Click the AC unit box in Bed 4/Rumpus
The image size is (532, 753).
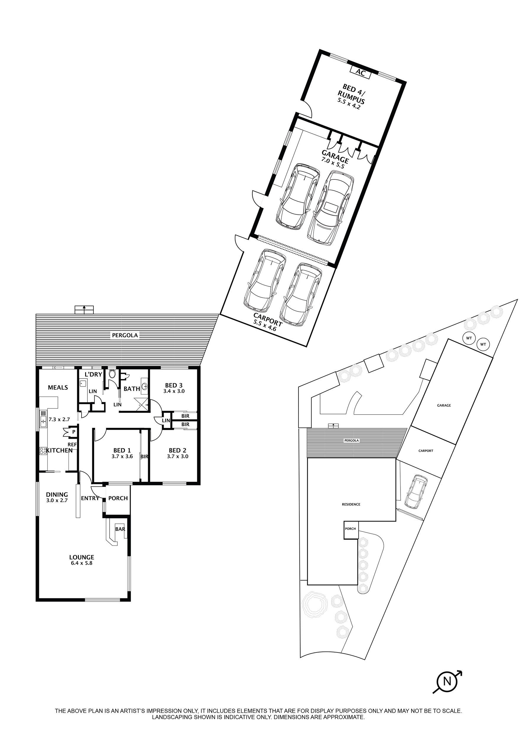360,72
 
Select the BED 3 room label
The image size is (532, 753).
173,385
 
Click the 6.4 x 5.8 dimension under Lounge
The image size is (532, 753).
82,563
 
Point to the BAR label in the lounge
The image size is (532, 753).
120,529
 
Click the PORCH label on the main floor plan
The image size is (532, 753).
118,498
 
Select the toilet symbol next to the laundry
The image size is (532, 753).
112,374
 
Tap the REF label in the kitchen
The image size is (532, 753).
72,445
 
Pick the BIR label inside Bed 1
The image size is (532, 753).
145,456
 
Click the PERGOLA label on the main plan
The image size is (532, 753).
125,335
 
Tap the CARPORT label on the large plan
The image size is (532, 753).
268,319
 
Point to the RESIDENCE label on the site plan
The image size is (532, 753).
351,504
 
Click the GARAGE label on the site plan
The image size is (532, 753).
444,405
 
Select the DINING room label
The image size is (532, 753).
57,495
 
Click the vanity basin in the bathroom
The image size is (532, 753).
145,386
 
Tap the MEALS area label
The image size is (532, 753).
58,388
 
